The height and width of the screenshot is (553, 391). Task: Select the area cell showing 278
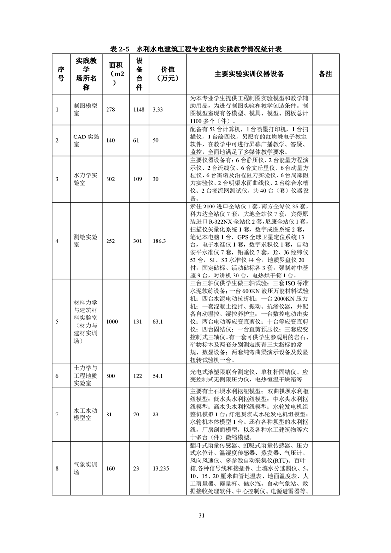pyautogui.click(x=111, y=109)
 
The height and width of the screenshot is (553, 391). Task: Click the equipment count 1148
pyautogui.click(x=139, y=109)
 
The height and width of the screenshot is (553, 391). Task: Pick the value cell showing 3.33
pyautogui.click(x=158, y=109)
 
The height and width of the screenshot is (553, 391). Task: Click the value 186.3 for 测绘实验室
pyautogui.click(x=160, y=241)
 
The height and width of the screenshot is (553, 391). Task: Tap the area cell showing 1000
pyautogui.click(x=112, y=321)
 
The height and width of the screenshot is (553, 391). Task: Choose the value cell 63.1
pyautogui.click(x=158, y=321)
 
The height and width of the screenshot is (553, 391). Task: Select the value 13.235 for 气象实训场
pyautogui.click(x=161, y=468)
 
